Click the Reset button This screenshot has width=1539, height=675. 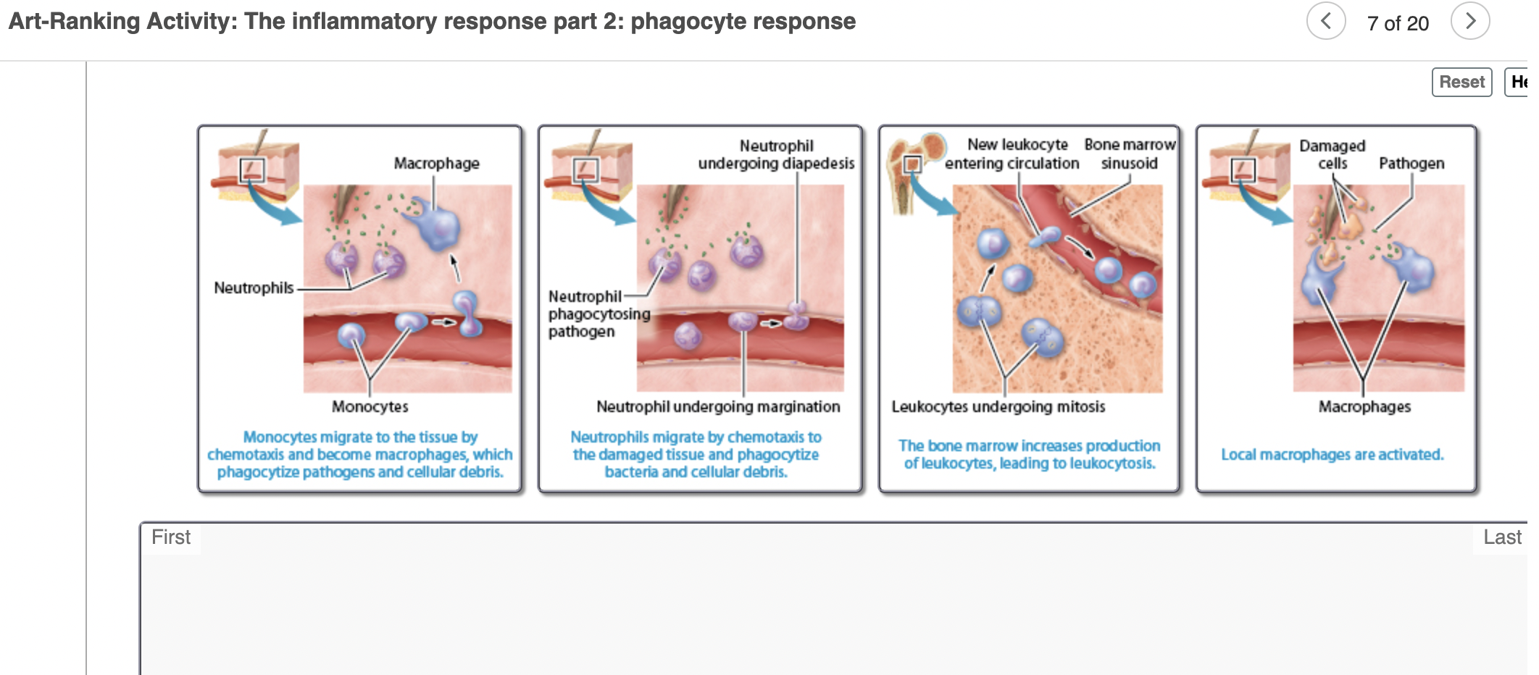point(1461,82)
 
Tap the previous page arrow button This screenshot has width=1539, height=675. point(1325,21)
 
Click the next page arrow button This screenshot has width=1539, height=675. point(1469,21)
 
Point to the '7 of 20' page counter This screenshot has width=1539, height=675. point(1397,23)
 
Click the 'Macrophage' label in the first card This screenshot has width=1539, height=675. point(436,164)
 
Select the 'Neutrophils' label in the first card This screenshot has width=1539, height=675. point(254,288)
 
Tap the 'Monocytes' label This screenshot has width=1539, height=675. point(370,407)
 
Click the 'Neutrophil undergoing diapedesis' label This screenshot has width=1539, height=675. point(776,155)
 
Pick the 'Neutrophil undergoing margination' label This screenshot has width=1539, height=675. point(717,407)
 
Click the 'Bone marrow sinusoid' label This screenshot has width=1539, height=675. point(1129,154)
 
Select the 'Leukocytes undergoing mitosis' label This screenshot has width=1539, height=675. point(998,407)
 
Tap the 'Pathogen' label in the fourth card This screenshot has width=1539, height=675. point(1411,164)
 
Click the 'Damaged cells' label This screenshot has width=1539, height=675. point(1332,155)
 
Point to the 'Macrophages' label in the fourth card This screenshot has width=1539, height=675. point(1364,407)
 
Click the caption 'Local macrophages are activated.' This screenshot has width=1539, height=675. point(1332,455)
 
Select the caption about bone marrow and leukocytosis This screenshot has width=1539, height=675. point(1029,454)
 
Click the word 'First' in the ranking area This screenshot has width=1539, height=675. point(171,537)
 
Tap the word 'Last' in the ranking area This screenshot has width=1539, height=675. point(1501,537)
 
